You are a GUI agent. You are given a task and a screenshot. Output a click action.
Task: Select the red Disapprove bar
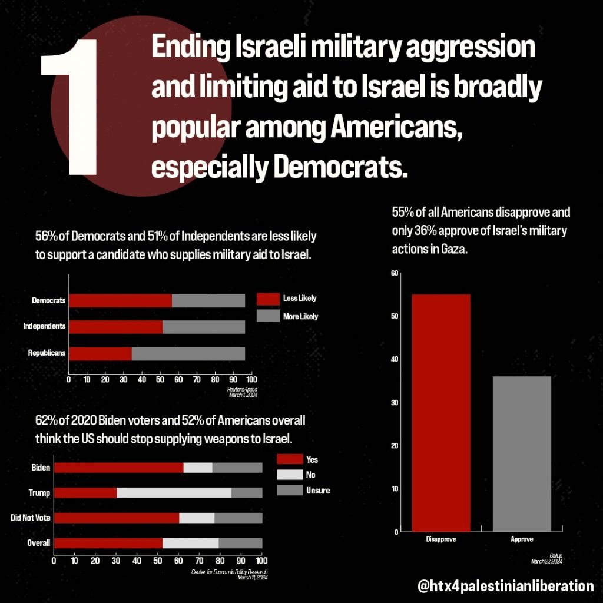coord(441,412)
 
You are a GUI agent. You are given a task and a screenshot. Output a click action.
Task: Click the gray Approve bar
coord(521,453)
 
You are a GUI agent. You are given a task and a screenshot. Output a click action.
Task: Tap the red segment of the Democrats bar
coord(120,300)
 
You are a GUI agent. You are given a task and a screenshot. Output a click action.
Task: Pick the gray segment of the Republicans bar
coord(188,353)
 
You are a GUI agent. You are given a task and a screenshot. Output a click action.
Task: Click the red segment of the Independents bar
coord(116,327)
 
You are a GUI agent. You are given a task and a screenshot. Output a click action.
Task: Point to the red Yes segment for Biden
coord(118,468)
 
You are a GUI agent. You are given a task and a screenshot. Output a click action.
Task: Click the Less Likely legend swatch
coord(268,299)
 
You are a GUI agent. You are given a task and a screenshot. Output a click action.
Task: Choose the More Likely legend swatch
coord(268,316)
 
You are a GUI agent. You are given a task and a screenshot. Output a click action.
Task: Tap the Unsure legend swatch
coord(289,490)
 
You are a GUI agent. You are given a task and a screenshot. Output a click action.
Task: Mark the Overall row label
coord(39,543)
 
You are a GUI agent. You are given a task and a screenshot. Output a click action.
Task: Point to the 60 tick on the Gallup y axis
coord(395,273)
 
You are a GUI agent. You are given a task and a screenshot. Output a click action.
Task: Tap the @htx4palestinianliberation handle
coord(505,586)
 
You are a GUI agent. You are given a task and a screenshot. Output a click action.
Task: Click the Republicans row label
coord(47,353)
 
